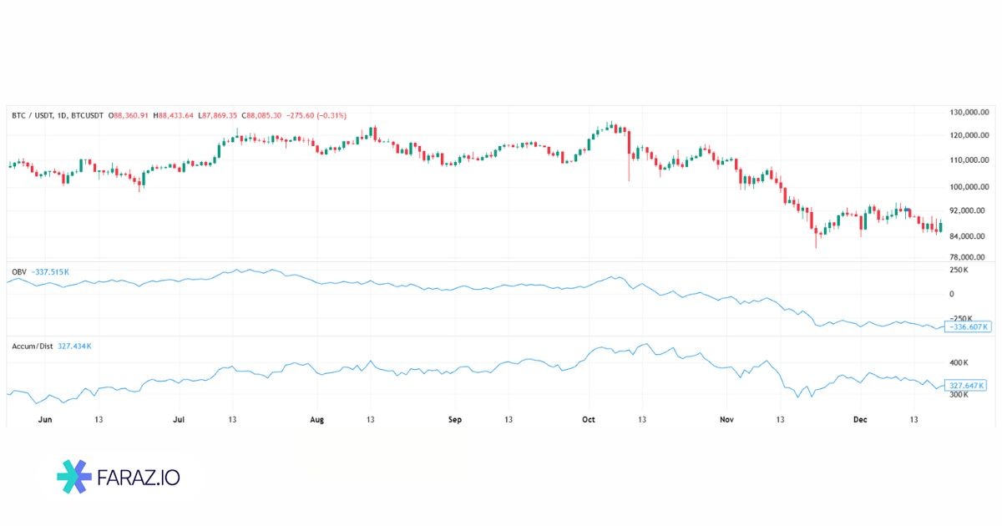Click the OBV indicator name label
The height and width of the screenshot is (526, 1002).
[18, 271]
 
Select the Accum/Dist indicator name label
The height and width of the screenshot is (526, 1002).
[31, 345]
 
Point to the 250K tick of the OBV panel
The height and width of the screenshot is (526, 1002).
[959, 271]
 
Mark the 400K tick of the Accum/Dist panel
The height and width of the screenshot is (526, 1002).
[959, 363]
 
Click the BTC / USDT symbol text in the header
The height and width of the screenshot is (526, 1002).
[35, 115]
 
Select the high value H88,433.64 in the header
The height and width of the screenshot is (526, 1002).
[175, 115]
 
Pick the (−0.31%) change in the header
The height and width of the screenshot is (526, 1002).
[329, 115]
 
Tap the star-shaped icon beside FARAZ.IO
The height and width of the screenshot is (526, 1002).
[74, 477]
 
